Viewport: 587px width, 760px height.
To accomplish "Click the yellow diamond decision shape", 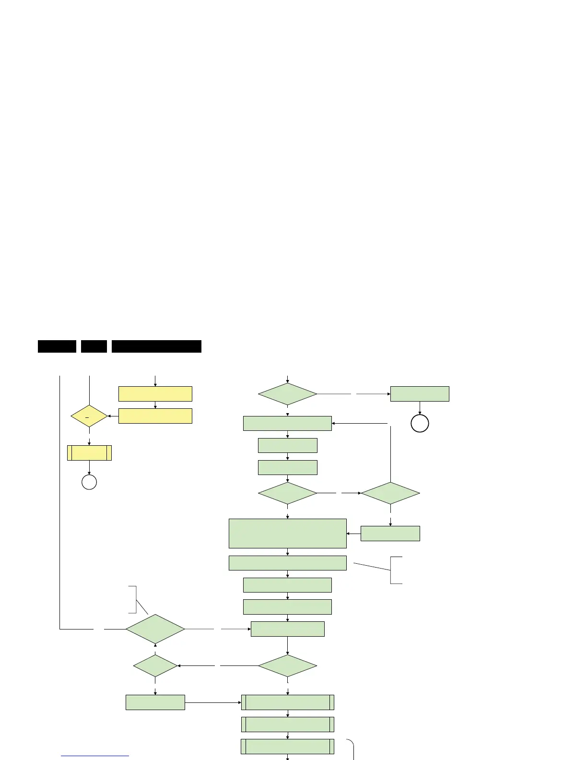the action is click(x=89, y=416).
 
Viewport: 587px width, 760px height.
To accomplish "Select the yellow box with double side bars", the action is click(x=89, y=453).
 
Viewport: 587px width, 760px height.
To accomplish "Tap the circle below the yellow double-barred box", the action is click(x=89, y=482).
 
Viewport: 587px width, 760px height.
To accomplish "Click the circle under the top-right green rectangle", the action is click(x=420, y=424).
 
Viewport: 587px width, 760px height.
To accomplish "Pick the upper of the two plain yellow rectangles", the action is click(x=155, y=394).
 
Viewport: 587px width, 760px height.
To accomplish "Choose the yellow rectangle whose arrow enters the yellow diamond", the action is click(x=155, y=416).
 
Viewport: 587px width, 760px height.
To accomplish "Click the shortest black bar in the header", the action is click(x=94, y=346).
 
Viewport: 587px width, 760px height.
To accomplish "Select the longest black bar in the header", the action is click(x=156, y=346).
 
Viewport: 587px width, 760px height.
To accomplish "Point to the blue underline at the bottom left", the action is click(x=95, y=756).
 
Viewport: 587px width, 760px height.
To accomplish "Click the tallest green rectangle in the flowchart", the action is click(x=288, y=533).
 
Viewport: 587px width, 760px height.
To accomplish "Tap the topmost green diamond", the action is click(x=288, y=394).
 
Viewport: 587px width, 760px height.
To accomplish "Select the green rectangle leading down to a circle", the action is click(x=420, y=394).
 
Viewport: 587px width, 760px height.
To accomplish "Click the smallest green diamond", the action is click(x=155, y=666).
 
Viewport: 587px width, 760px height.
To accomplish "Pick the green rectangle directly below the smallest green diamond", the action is click(x=155, y=702).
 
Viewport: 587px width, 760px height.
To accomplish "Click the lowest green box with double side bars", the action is click(x=288, y=747).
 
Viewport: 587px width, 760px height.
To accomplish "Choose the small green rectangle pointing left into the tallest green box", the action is click(x=390, y=534).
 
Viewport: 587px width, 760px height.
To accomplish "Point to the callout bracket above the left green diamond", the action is click(x=133, y=600).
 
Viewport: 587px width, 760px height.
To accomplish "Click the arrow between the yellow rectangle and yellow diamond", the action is click(x=113, y=416).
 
